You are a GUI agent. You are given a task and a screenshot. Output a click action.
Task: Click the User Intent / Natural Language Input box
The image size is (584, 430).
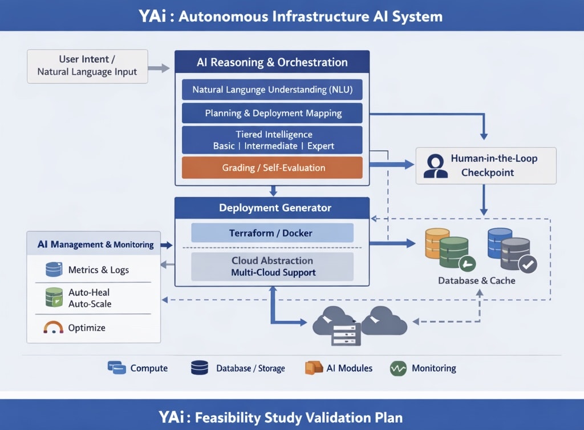87,66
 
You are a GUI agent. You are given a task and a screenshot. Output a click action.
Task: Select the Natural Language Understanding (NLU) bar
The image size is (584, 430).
272,90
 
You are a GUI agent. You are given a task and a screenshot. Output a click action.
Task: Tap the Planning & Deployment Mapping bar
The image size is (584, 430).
272,113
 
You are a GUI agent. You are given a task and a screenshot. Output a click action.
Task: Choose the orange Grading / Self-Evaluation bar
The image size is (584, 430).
272,168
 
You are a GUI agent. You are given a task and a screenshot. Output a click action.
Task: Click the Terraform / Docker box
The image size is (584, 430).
272,233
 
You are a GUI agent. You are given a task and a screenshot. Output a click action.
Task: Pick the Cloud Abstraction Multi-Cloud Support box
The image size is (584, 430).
272,267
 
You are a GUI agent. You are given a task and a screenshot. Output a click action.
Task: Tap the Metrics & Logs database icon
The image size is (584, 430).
54,270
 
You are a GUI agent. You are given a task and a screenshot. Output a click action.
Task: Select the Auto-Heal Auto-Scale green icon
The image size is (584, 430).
54,298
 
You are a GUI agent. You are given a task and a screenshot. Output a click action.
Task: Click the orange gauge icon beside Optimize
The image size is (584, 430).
53,328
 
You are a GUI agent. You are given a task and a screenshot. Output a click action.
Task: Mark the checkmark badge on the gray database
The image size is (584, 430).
528,264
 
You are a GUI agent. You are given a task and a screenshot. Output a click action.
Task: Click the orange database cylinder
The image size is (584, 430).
437,242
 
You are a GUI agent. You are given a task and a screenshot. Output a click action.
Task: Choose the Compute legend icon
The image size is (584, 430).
117,368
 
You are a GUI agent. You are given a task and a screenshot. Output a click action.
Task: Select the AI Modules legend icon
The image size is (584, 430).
314,368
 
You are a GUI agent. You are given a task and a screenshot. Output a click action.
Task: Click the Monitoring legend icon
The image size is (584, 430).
398,368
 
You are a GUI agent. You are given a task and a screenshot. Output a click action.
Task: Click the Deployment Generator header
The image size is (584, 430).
272,208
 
